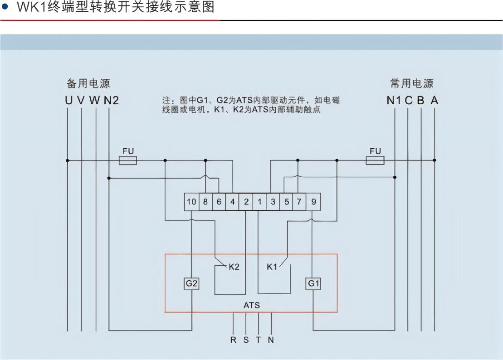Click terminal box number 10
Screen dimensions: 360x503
[191, 202]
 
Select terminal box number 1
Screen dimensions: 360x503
[259, 202]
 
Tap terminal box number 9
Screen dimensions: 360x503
[313, 202]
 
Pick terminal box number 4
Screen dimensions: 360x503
[232, 202]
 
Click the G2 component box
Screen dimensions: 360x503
[191, 284]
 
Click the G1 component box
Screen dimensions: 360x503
[313, 284]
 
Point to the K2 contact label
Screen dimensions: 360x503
[234, 267]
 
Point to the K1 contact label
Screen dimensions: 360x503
[272, 267]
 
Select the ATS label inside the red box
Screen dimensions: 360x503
[252, 305]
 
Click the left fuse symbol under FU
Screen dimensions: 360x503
[128, 160]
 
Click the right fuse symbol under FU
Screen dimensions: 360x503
[375, 160]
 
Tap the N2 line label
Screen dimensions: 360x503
[111, 101]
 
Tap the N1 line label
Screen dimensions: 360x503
[394, 101]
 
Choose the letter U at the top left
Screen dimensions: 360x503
[68, 101]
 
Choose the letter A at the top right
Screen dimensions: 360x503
[435, 101]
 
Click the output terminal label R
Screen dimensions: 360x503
[233, 340]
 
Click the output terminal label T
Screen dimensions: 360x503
[258, 340]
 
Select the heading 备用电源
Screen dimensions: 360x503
[88, 83]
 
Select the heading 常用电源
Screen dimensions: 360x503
[412, 83]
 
